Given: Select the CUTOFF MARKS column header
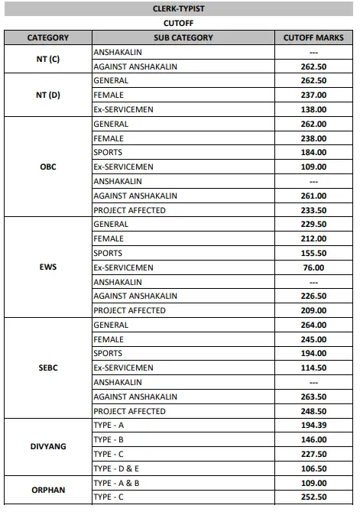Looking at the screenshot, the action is click(x=313, y=37).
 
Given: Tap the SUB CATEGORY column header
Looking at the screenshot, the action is click(x=183, y=37).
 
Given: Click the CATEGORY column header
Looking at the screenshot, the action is click(x=48, y=37).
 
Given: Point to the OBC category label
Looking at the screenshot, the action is click(x=48, y=167).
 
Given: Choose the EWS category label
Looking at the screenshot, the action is click(x=48, y=267).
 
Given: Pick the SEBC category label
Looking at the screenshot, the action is click(x=48, y=368).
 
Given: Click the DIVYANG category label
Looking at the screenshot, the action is click(x=48, y=447).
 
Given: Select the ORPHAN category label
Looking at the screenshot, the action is click(x=48, y=490).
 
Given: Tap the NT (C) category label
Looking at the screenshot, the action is click(x=48, y=59).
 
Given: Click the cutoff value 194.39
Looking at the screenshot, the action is click(x=313, y=426).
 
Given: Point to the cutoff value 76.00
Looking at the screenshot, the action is click(x=313, y=267).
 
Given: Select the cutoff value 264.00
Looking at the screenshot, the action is click(x=313, y=325).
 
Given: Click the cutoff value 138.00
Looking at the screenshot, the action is click(x=313, y=109).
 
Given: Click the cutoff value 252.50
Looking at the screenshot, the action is click(x=313, y=497).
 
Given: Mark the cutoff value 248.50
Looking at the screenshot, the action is click(x=313, y=411).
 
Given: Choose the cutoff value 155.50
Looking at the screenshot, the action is click(x=313, y=253).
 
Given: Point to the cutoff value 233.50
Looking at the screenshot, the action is click(x=313, y=210).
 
